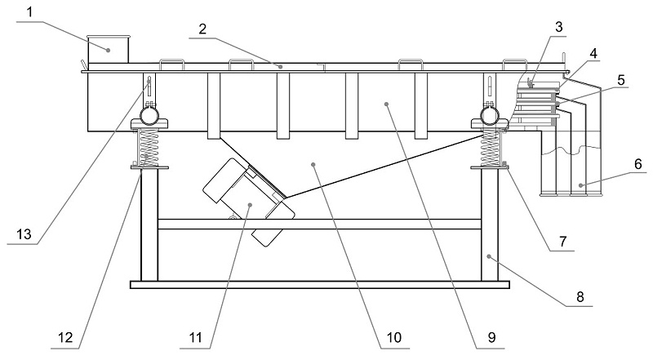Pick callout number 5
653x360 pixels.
[622, 82]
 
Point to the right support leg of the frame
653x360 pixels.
[490, 224]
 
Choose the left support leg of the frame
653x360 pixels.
[149, 224]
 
